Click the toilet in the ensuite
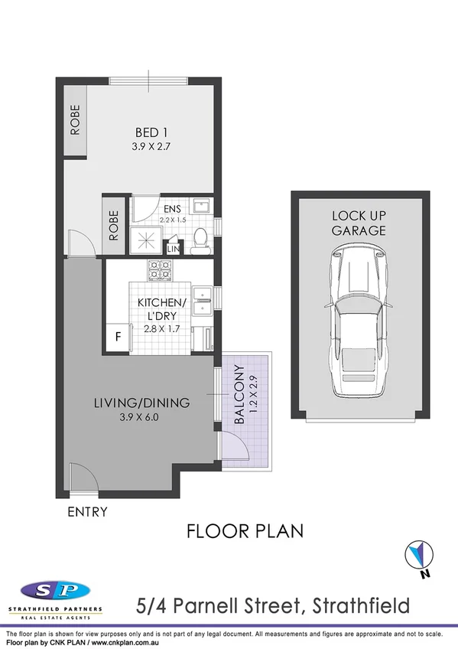point(200,240)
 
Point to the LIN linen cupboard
point(174,249)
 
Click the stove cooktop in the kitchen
point(160,269)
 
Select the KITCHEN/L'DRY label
point(161,308)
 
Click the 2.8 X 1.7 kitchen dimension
point(161,330)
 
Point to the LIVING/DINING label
point(141,403)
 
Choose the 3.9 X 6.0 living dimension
point(141,417)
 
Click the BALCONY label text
point(239,396)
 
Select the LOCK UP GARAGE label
point(358,223)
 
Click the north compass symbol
point(418,554)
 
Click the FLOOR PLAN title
point(245,530)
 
